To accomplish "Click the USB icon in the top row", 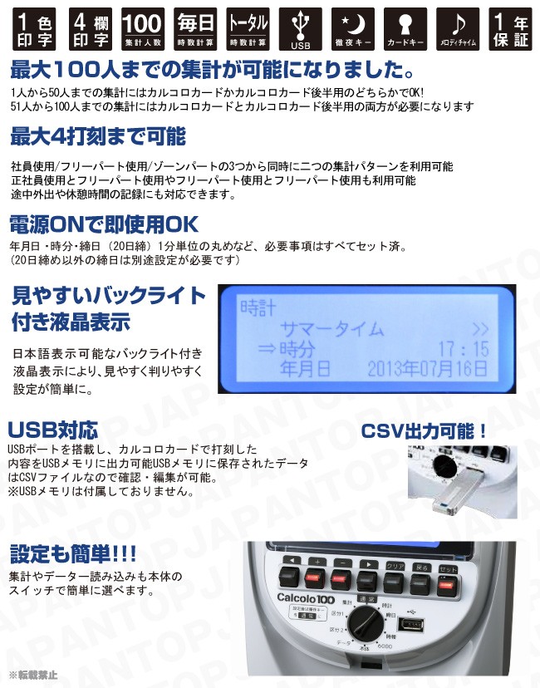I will point(300,29).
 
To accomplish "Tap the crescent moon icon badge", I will point(353,29).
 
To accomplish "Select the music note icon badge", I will point(459,29).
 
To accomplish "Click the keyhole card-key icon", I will point(406,29).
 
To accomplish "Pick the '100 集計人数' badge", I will point(140,29).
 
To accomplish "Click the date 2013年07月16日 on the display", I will point(427,367).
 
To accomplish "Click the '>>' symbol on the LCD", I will point(480,329).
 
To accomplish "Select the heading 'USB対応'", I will point(53,430).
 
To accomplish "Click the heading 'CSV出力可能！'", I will point(424,432).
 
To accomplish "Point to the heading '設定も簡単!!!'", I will point(74,553).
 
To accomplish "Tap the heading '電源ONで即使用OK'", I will point(104,225).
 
